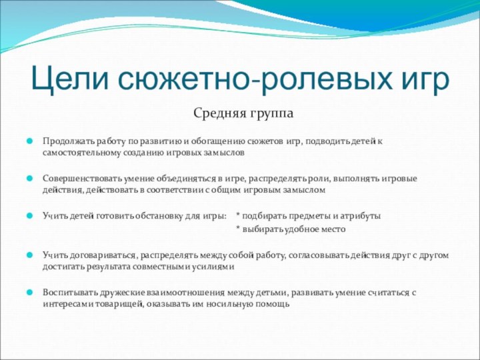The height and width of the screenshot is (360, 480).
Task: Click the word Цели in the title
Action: [70, 79]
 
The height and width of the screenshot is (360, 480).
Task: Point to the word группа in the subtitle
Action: [271, 115]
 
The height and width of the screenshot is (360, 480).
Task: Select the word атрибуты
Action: [361, 216]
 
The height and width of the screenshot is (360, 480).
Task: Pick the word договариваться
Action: [99, 254]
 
